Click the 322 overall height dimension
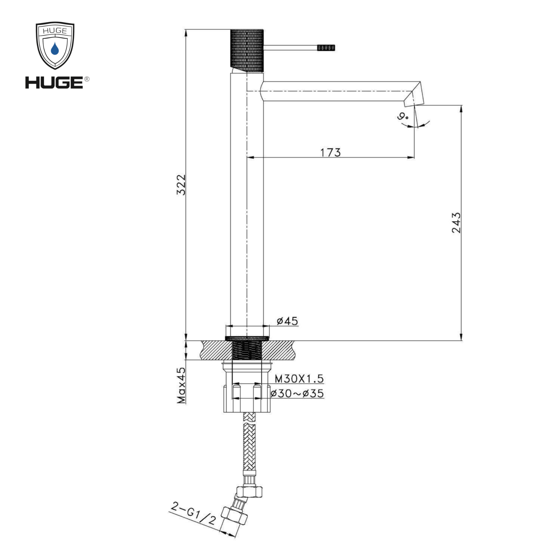point(181,185)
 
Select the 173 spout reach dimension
point(330,152)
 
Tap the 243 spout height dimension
point(456,223)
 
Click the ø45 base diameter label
point(287,321)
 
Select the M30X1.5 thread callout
point(299,378)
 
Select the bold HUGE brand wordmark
point(54,83)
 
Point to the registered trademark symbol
point(87,79)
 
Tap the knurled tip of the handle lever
point(326,48)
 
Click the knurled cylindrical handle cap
point(247,49)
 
